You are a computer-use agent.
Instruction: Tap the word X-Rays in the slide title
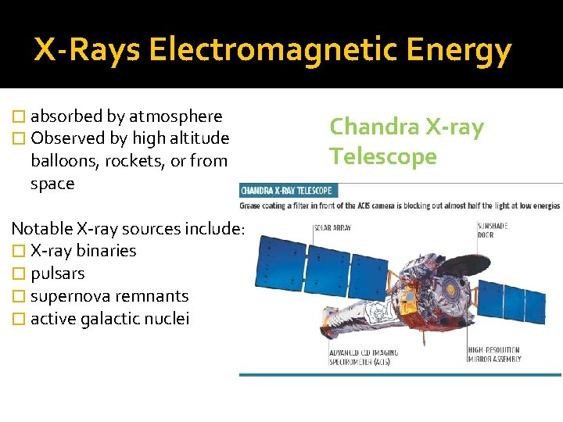(x=87, y=51)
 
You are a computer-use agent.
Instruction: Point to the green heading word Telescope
(x=382, y=156)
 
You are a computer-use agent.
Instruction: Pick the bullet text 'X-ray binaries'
(x=83, y=251)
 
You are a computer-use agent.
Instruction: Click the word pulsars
(x=57, y=274)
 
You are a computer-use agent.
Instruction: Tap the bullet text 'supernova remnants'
(x=109, y=296)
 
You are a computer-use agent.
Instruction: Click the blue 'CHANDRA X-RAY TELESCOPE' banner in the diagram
(x=287, y=191)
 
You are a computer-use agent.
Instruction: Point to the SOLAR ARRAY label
(x=332, y=229)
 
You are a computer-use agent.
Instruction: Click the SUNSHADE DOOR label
(x=493, y=230)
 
